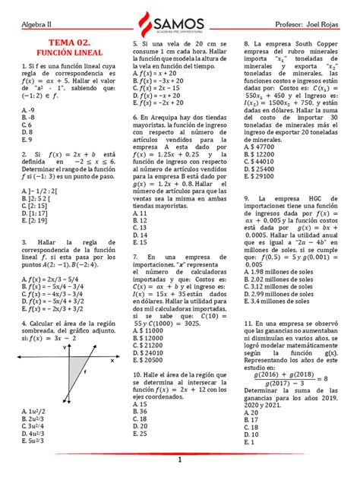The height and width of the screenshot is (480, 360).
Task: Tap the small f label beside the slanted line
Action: [85, 374]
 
